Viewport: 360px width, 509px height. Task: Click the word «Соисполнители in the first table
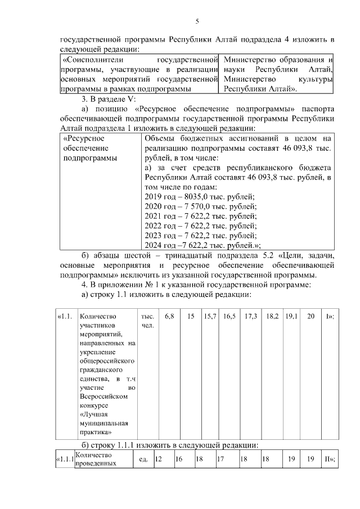pyautogui.click(x=92, y=59)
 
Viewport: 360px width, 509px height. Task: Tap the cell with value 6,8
pyautogui.click(x=169, y=317)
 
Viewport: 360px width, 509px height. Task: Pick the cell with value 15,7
pyautogui.click(x=210, y=317)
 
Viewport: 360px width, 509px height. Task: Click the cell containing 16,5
pyautogui.click(x=229, y=317)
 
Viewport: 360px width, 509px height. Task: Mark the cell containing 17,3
pyautogui.click(x=251, y=317)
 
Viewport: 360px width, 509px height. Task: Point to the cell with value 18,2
pyautogui.click(x=273, y=317)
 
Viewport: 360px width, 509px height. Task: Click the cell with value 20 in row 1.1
pyautogui.click(x=310, y=317)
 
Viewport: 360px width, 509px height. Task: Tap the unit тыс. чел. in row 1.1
pyautogui.click(x=147, y=322)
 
